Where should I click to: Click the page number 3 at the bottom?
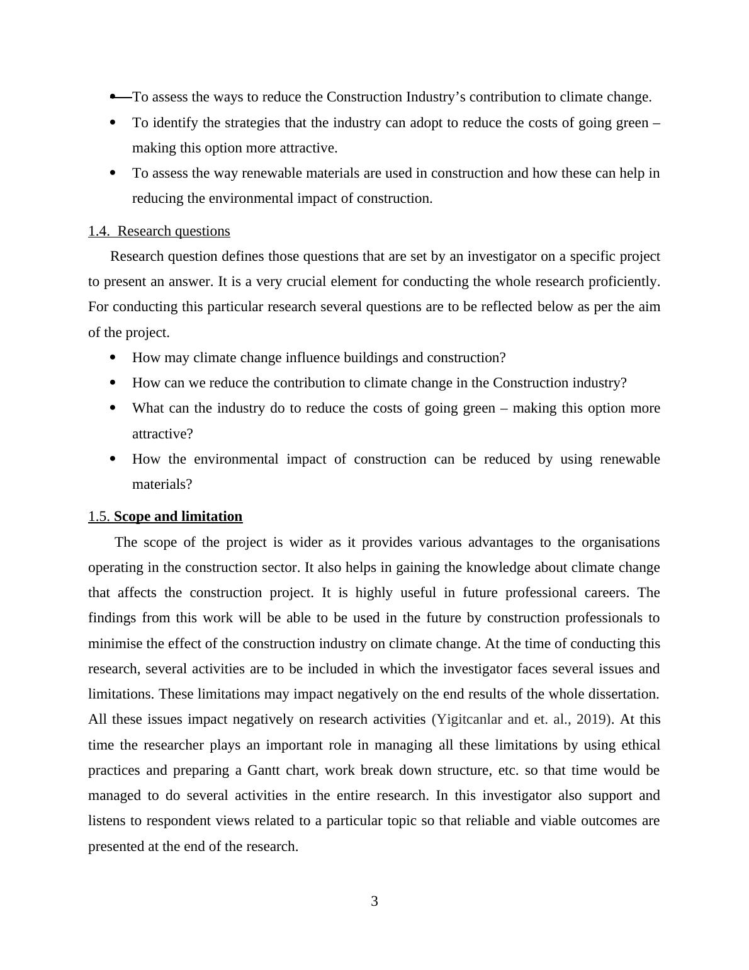(x=374, y=901)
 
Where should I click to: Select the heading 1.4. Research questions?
(x=159, y=231)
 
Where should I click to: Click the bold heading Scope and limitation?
(x=178, y=516)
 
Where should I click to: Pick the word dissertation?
(x=622, y=694)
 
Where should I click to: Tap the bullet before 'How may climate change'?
(x=113, y=358)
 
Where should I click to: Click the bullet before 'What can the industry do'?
(x=113, y=408)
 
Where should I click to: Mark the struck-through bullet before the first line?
(x=119, y=97)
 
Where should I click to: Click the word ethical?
(x=641, y=745)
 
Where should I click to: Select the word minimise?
(x=114, y=644)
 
